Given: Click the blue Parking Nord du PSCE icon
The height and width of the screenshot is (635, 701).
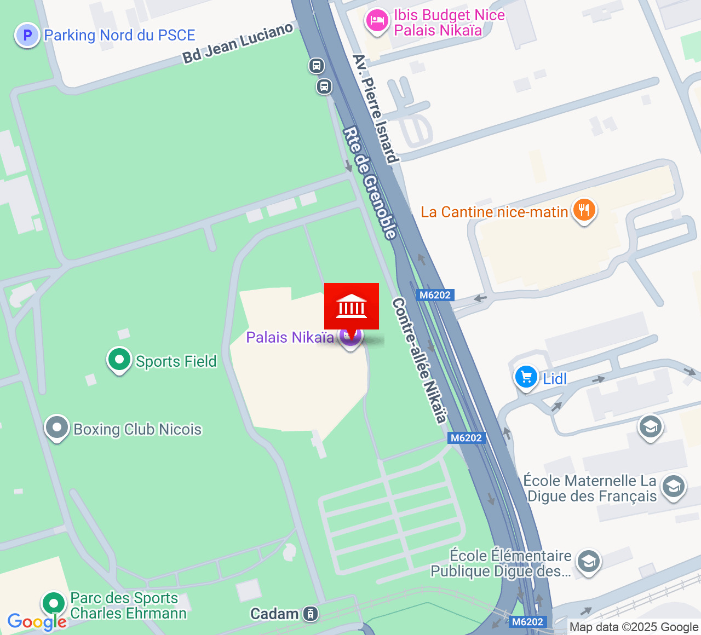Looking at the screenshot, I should coord(27,36).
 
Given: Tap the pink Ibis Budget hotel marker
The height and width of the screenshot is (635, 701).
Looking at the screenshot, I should coord(377,21).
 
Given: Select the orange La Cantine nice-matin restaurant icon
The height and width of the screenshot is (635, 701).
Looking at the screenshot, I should coord(584,210).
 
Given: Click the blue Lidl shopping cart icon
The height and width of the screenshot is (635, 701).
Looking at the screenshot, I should coord(526,377).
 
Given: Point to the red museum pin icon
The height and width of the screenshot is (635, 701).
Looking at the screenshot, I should coord(352,307).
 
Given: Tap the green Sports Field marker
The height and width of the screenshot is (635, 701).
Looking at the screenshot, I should coord(119,360).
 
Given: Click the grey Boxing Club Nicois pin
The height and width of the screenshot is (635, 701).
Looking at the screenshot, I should coord(56,428).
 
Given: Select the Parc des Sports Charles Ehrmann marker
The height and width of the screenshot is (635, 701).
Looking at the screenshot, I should coord(54,604).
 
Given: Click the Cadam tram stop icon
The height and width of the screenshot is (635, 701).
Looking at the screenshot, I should coord(311,614).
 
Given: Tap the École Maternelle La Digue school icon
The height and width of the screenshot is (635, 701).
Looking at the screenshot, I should coord(673,487).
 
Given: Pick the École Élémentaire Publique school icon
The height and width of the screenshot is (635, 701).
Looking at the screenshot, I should coord(589,562).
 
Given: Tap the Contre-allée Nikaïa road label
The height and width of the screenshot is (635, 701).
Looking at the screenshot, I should coord(420,361).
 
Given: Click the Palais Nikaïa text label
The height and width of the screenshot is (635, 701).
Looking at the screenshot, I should coord(290,337).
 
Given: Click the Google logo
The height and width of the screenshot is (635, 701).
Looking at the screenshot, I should coord(37,622).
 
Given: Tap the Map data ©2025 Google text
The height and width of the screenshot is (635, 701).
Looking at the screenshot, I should coord(634,627).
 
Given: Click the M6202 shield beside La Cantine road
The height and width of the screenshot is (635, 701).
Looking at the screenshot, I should coord(435,295).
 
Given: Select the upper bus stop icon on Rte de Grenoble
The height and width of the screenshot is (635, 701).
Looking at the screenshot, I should coord(316,66).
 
